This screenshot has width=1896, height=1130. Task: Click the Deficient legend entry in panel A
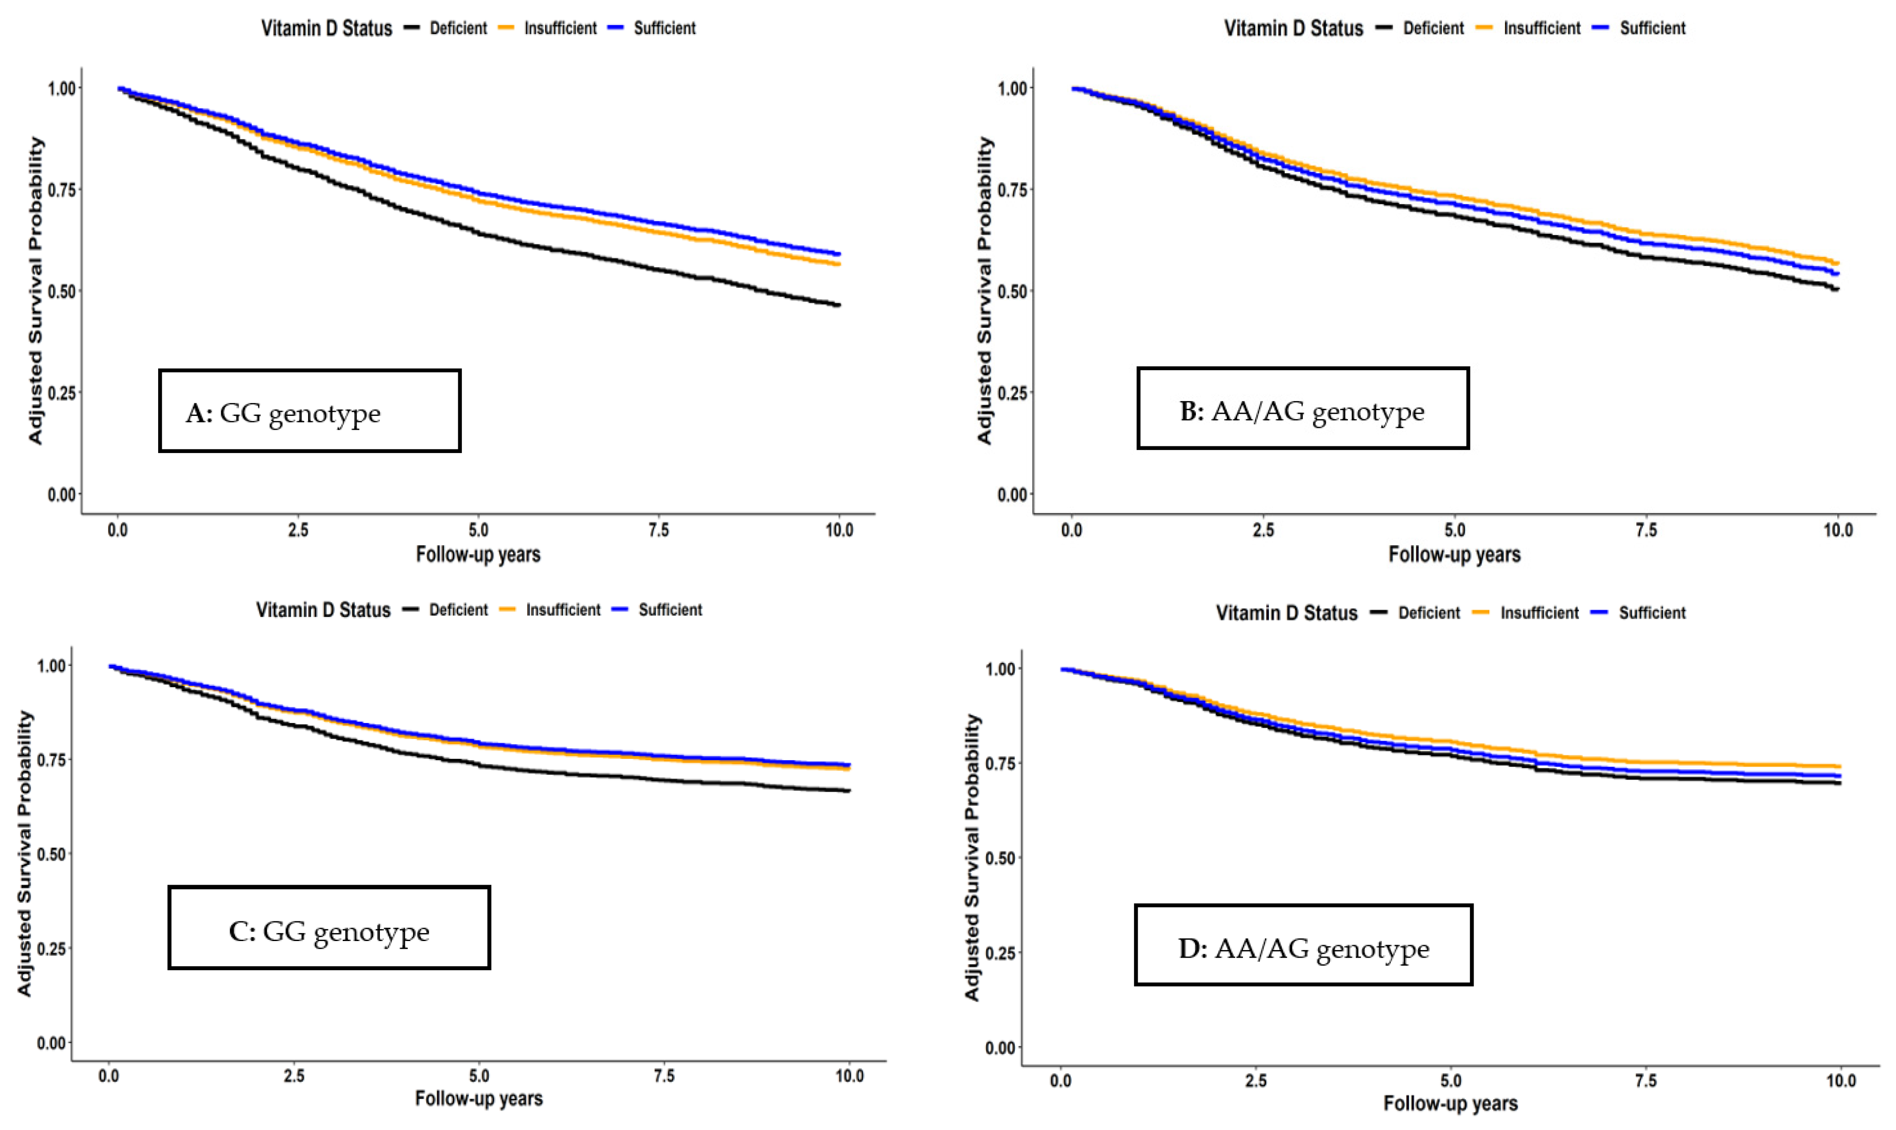(445, 28)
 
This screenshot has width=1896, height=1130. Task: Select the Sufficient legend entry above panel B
(1641, 28)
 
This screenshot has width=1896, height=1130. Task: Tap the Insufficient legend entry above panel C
(550, 610)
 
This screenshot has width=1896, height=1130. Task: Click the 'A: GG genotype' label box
(310, 411)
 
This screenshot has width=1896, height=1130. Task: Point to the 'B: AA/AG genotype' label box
(1303, 408)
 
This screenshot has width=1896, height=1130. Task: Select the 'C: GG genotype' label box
(329, 928)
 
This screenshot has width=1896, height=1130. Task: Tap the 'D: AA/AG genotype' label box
(1303, 945)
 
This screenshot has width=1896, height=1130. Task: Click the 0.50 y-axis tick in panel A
(62, 291)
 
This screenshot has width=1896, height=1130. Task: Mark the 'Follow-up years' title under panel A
(478, 554)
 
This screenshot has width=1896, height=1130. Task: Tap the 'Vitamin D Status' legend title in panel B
(1294, 28)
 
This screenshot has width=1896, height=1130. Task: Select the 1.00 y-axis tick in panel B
(1012, 88)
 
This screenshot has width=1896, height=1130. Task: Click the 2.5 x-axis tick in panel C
(294, 1076)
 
